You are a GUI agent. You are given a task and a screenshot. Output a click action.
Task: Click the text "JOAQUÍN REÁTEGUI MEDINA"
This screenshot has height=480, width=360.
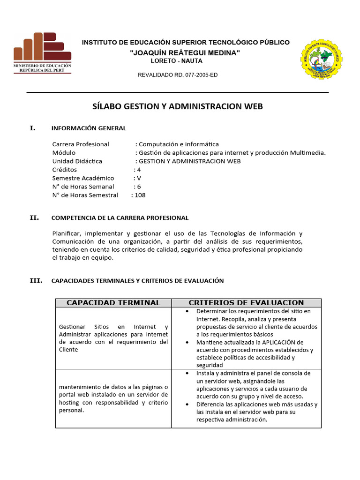point(185,53)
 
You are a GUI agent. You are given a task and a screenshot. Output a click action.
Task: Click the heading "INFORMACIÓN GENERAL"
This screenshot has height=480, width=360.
point(89,128)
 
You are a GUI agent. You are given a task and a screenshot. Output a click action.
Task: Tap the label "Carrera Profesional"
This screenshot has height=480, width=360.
point(81,144)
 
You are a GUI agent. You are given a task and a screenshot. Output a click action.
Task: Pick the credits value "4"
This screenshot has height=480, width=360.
point(139,170)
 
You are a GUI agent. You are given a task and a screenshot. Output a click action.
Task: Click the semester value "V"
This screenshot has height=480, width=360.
point(139,178)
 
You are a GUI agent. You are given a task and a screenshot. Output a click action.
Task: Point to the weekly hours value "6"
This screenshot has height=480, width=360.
point(139,187)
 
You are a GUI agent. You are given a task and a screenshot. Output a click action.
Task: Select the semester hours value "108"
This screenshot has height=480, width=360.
point(140,195)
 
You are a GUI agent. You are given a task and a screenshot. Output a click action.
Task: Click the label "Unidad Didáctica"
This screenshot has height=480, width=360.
point(77,161)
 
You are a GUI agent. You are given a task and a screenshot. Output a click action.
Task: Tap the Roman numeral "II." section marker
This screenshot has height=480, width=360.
point(34,217)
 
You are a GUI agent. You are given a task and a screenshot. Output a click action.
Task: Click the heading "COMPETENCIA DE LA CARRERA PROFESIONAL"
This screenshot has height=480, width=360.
point(120,217)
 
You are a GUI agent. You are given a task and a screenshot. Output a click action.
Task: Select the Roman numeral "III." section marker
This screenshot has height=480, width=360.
point(36,281)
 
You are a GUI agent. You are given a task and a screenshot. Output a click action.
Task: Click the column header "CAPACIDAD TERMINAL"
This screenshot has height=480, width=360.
point(113,303)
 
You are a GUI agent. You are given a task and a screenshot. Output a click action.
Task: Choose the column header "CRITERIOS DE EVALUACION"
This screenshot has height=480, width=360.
point(246,303)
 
